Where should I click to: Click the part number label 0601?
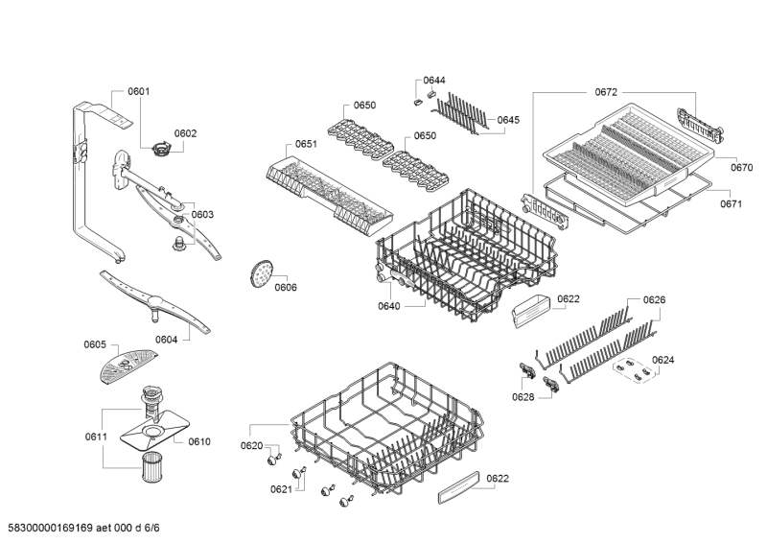(139, 92)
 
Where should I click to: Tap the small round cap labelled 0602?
(162, 148)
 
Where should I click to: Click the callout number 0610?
(198, 441)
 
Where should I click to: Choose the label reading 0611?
(95, 437)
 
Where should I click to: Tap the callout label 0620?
(251, 446)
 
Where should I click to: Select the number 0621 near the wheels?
(281, 489)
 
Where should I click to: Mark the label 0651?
(306, 144)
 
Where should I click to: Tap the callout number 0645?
(508, 120)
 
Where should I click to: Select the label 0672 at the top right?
(605, 92)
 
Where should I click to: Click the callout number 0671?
(732, 203)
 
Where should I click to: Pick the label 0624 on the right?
(662, 360)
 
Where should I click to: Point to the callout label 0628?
(523, 396)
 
